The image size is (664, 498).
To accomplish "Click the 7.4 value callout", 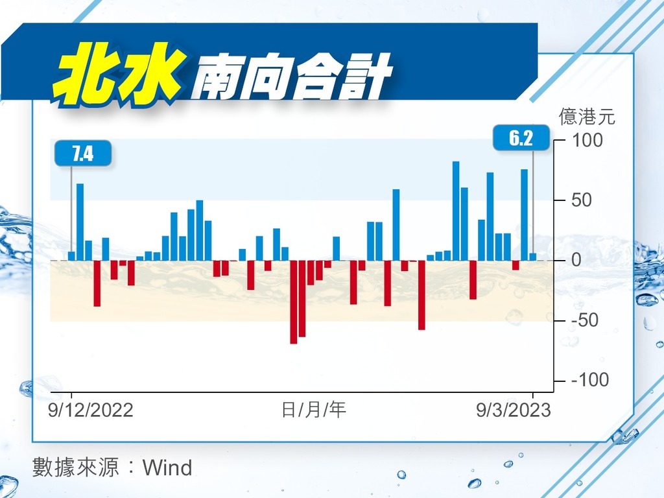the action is tap(83, 153).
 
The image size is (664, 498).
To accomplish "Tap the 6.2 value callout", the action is tap(521, 137).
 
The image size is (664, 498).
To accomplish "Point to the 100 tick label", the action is tap(587, 140).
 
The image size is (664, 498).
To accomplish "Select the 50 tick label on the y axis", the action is tap(582, 200).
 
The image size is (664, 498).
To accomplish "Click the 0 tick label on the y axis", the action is tap(576, 260).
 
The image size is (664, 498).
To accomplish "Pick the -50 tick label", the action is tap(585, 320).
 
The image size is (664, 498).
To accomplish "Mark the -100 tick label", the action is tap(590, 380).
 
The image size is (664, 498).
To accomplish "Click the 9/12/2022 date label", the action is tap(91, 410).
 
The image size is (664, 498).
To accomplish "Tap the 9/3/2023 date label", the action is tap(514, 410).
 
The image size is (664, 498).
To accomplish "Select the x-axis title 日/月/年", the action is tap(314, 410).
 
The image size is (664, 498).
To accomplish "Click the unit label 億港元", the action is tap(586, 117).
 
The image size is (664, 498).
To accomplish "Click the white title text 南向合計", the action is tap(292, 77).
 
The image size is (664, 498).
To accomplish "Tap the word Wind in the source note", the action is tap(167, 468).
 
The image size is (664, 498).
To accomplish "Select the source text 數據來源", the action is tap(75, 467).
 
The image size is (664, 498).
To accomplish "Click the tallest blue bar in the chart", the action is tap(456, 211).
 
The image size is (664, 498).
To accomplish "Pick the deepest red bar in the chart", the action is tap(294, 302).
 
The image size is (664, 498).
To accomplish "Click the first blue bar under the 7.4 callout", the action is tap(71, 256).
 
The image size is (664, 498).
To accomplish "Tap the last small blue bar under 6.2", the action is tap(533, 257).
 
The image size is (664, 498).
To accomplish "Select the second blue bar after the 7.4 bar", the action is tap(88, 251).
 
